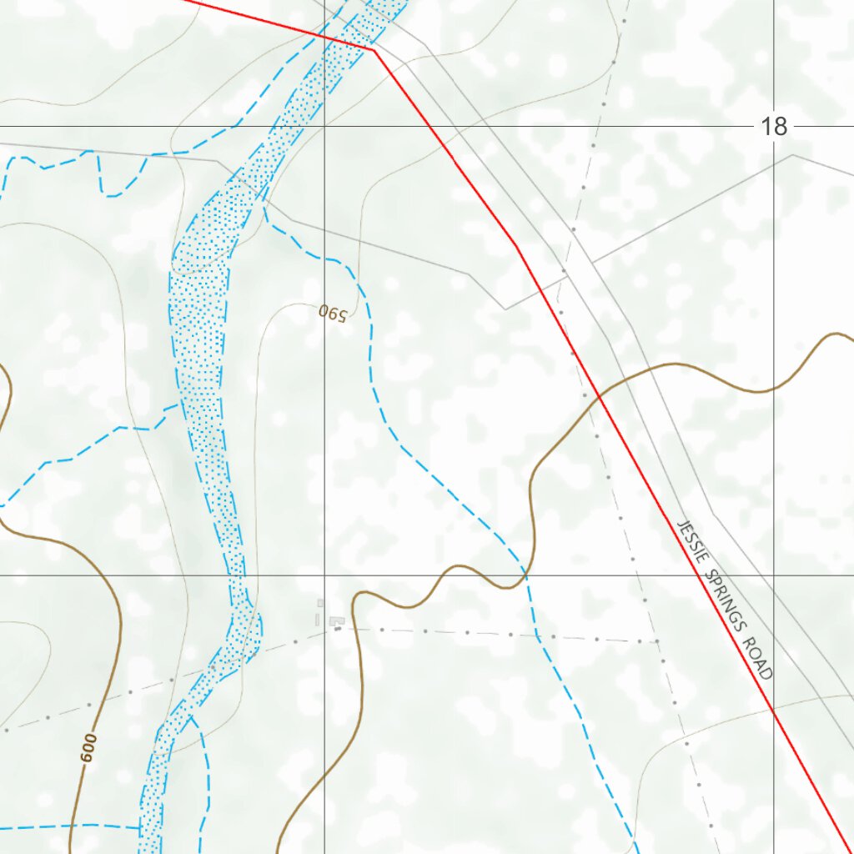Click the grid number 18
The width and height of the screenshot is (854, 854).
[x=774, y=127]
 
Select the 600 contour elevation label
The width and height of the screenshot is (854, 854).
[x=89, y=747]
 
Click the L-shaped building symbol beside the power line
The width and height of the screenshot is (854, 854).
[x=338, y=621]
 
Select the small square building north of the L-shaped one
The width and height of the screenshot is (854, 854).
[x=320, y=602]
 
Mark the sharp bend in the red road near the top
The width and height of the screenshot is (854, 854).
[x=374, y=50]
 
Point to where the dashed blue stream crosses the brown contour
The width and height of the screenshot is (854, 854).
[x=525, y=575]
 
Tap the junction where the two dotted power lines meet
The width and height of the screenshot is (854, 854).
[x=657, y=641]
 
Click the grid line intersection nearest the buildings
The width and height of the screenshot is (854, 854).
[x=324, y=575]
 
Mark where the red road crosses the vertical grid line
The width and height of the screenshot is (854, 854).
[x=773, y=710]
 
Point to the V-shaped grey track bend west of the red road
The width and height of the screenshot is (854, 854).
[x=505, y=309]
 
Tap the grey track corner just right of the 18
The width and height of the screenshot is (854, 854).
[x=793, y=154]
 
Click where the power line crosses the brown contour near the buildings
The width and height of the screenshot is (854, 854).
[x=355, y=626]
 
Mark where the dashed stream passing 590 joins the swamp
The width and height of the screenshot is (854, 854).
[x=264, y=200]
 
